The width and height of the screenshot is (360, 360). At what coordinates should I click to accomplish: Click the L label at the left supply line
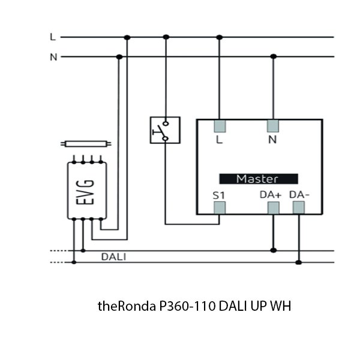pos(53,37)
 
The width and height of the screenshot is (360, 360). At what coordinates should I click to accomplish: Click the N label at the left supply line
pos(53,57)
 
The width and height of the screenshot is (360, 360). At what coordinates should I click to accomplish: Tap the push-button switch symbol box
pos(164,130)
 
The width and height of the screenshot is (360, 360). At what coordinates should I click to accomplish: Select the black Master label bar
pos(257,179)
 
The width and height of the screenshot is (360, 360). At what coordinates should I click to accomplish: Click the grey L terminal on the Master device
pos(219,125)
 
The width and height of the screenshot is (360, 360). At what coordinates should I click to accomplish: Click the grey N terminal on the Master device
pos(274,125)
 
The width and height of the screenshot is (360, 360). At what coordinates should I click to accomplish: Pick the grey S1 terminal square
pos(219,208)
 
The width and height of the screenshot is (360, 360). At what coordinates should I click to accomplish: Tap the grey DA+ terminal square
pos(274,208)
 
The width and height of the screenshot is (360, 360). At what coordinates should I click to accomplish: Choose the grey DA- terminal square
pos(299,208)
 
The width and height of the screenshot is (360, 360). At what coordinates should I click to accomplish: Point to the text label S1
pos(218,195)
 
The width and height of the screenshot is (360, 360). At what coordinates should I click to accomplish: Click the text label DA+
pos(271,195)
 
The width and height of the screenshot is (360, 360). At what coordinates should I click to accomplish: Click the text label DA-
pos(299,195)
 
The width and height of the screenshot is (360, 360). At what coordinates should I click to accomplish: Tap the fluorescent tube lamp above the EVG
pos(87,144)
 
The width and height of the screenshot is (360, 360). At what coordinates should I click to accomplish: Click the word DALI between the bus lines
pos(113,257)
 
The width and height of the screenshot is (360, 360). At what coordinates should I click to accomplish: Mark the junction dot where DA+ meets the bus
pos(274,250)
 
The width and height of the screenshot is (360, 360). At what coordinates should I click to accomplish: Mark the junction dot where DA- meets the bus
pos(299,262)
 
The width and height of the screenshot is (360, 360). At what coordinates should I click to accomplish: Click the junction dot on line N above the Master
pos(274,57)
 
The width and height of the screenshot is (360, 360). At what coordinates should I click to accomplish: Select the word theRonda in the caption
pos(127,306)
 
